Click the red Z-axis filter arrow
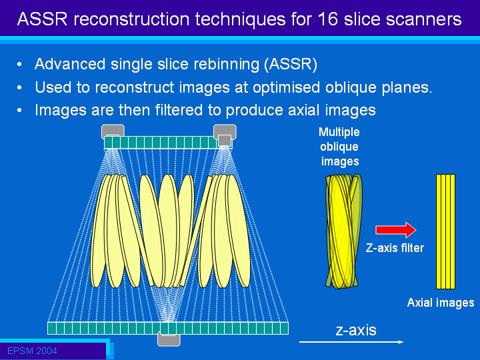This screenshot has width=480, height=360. coord(395,230)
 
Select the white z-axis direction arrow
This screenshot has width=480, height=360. coord(351,341)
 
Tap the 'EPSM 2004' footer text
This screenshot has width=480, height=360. coord(32,351)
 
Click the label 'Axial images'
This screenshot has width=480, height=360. coord(441,303)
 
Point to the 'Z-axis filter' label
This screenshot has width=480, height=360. coord(395,248)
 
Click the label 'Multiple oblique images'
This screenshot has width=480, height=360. coord(339,147)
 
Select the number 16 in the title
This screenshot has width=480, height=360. coord(328,19)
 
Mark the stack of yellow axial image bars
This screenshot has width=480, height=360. coord(445,231)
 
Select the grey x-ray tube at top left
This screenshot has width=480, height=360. coord(113,131)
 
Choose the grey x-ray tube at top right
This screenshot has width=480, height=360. coord(225,134)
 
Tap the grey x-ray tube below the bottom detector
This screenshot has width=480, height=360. coord(169,339)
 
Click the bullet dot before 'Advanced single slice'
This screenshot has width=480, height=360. coord(19,64)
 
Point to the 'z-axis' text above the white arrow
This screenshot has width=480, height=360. coord(356,330)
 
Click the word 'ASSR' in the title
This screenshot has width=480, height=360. coord(42,19)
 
